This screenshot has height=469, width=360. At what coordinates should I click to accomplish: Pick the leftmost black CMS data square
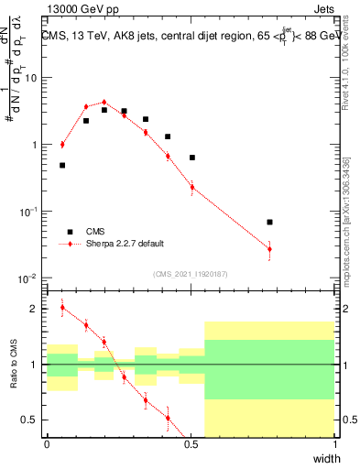62,165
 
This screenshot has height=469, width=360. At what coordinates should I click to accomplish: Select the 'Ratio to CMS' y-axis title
16,366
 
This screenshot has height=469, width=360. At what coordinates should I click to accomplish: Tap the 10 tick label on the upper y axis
33,78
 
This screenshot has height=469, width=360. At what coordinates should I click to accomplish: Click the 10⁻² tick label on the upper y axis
30,278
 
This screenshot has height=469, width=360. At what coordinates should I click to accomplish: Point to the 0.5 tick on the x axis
191,443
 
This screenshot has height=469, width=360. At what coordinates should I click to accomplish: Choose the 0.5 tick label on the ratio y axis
33,420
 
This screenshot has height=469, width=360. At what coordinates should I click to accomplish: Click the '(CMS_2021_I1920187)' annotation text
190,274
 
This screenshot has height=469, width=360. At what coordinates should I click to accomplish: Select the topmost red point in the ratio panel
62,308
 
